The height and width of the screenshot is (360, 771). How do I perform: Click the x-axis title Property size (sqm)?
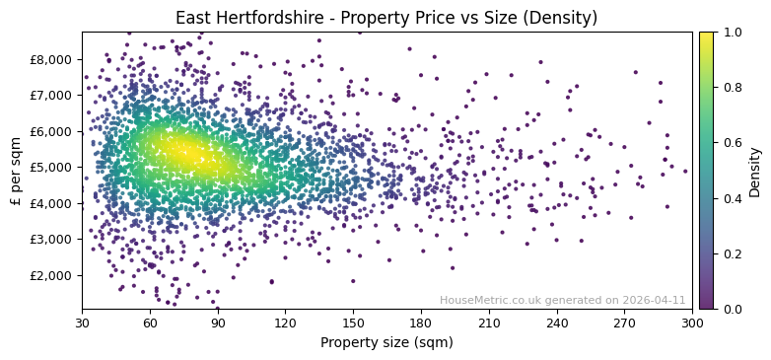pos(386,343)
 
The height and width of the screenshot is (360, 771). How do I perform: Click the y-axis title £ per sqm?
pos(16,171)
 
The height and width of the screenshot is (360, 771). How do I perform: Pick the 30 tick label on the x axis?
pos(82,323)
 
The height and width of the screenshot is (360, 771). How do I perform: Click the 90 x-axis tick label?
pos(218,323)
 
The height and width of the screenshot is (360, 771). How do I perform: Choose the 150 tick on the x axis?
pos(353,323)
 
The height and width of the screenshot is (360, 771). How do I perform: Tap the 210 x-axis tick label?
pos(489,323)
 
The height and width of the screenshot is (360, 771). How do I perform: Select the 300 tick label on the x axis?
pos(692,323)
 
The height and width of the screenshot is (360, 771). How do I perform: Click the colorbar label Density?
pos(755,171)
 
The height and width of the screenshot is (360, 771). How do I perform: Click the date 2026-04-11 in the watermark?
pos(653,300)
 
